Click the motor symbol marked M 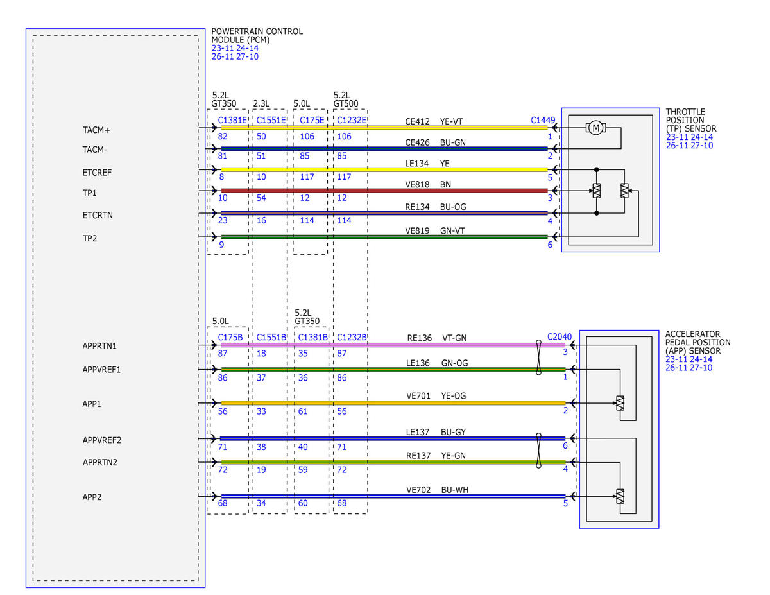pos(595,128)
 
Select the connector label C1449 pos(543,120)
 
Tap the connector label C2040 pos(560,337)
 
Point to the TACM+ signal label pos(96,130)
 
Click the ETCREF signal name pos(97,173)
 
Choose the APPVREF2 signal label pos(102,440)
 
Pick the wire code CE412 pos(417,121)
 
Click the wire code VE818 pos(417,185)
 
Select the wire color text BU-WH pos(455,490)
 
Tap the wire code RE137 pos(418,455)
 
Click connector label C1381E pos(232,120)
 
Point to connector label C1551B pos(271,337)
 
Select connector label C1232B pos(352,337)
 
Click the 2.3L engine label pos(261,103)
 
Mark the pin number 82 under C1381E pos(223,137)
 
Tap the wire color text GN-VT pos(452,230)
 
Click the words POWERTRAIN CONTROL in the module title pos(257,31)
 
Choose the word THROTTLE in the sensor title pos(685,112)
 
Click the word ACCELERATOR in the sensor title pos(692,334)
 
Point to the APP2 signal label pos(92,497)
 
